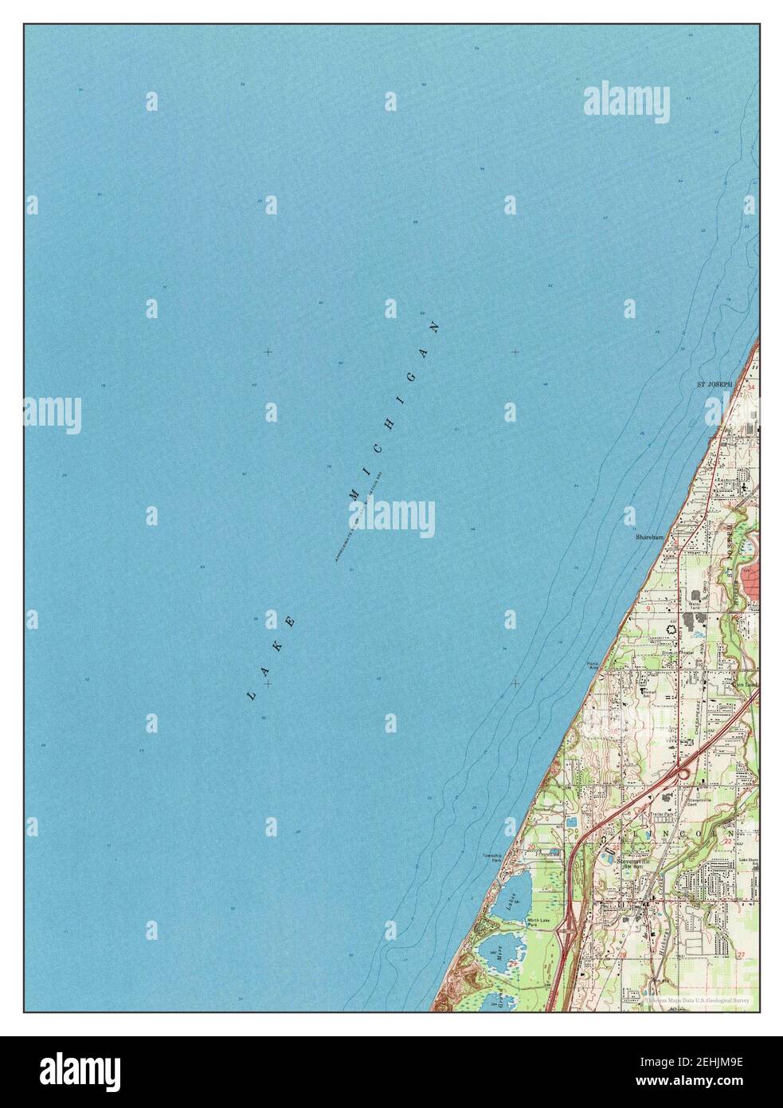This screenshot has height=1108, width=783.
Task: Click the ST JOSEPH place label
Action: tap(714, 384)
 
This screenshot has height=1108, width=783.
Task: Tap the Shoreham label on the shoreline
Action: tap(649, 537)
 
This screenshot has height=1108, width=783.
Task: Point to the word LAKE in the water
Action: tap(272, 658)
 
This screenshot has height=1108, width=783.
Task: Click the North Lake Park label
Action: tap(538, 923)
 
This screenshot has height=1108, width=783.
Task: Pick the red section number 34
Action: tap(751, 387)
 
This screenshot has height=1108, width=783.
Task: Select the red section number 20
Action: tap(530, 859)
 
